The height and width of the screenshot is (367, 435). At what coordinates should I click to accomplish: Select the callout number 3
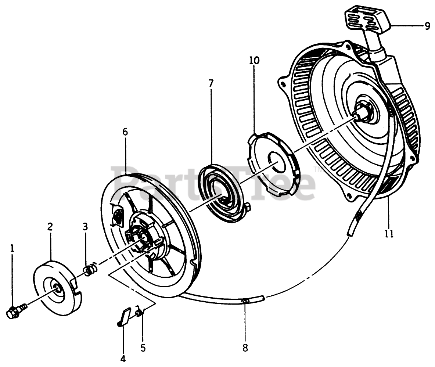[x=85, y=227]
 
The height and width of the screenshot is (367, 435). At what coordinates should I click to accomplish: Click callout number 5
[x=143, y=347]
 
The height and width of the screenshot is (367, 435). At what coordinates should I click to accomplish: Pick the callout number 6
[x=125, y=132]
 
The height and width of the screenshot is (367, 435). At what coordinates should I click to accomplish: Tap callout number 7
[x=211, y=83]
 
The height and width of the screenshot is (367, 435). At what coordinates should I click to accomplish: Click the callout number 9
[x=427, y=26]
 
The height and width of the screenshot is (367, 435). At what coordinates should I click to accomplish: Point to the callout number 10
[x=254, y=60]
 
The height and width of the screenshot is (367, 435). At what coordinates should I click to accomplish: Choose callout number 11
[x=389, y=233]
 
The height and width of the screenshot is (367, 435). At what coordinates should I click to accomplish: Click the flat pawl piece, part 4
[x=124, y=317]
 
